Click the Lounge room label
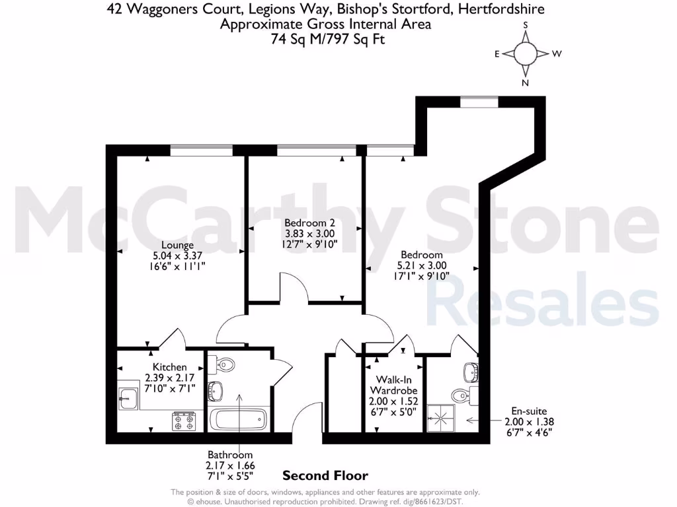(x=177, y=245)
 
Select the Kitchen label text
(x=170, y=367)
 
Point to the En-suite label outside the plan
(x=526, y=411)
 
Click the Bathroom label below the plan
(x=230, y=455)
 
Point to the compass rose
(x=526, y=53)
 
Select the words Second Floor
(x=325, y=475)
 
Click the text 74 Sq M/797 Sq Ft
(x=327, y=39)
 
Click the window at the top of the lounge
(x=202, y=151)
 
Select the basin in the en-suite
(x=470, y=371)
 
